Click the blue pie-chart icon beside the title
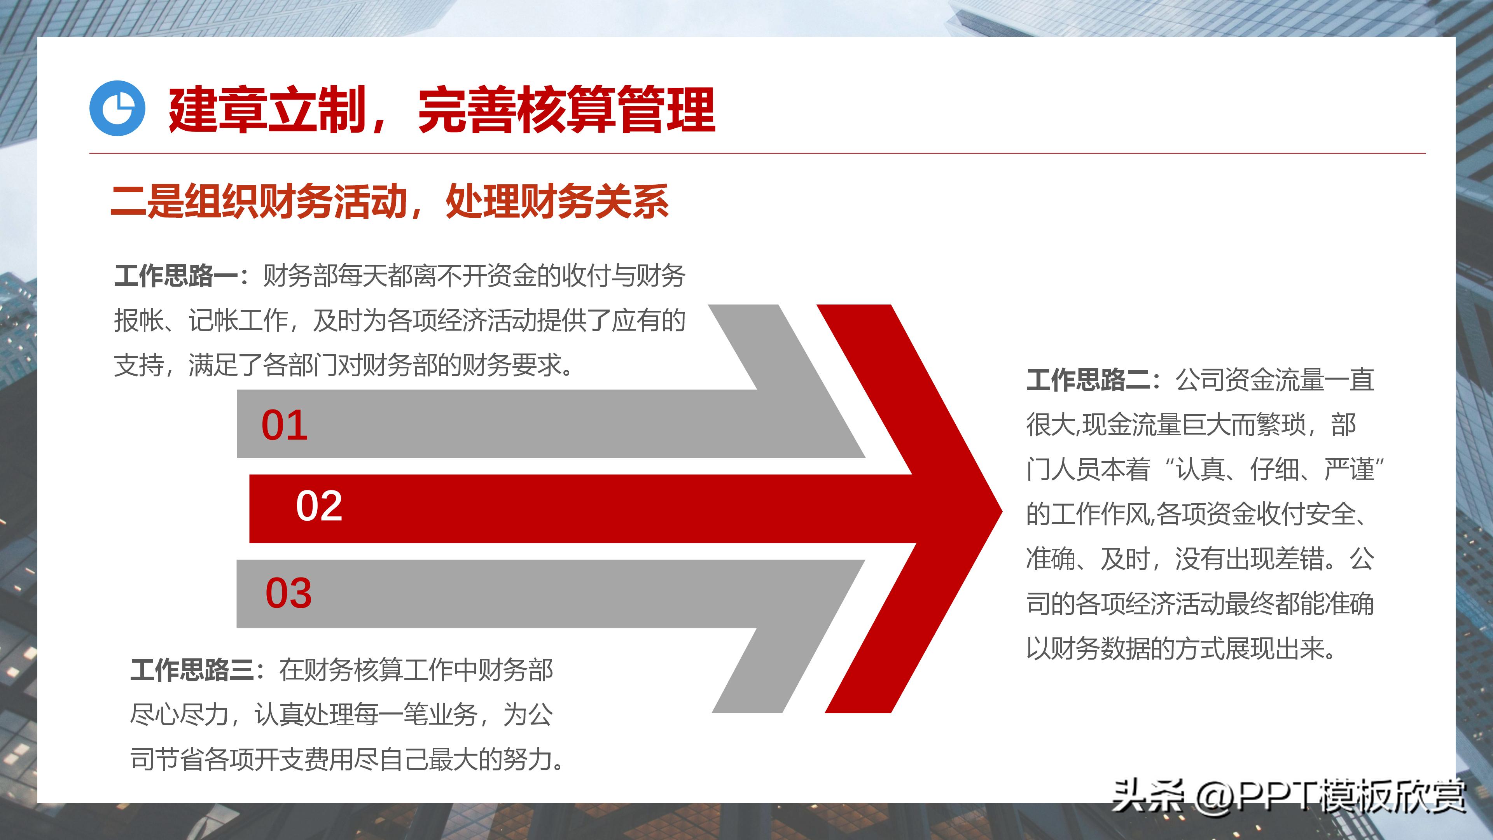(117, 108)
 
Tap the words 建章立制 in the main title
(267, 110)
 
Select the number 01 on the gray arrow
(284, 425)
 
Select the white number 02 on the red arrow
(319, 506)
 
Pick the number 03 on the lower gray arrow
(288, 593)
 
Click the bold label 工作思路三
(192, 670)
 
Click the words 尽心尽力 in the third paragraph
(180, 715)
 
